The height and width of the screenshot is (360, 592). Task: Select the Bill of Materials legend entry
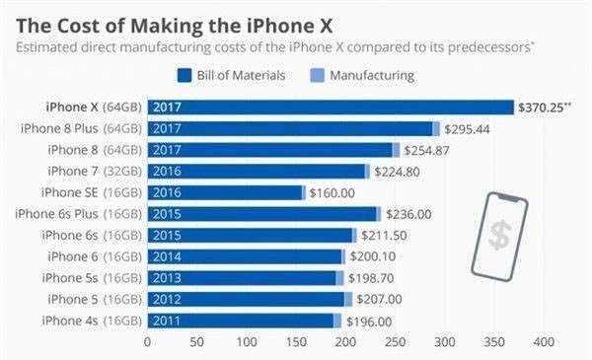click(x=232, y=76)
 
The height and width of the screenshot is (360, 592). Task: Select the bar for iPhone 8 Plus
click(x=291, y=128)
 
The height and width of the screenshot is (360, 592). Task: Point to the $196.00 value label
click(x=369, y=322)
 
